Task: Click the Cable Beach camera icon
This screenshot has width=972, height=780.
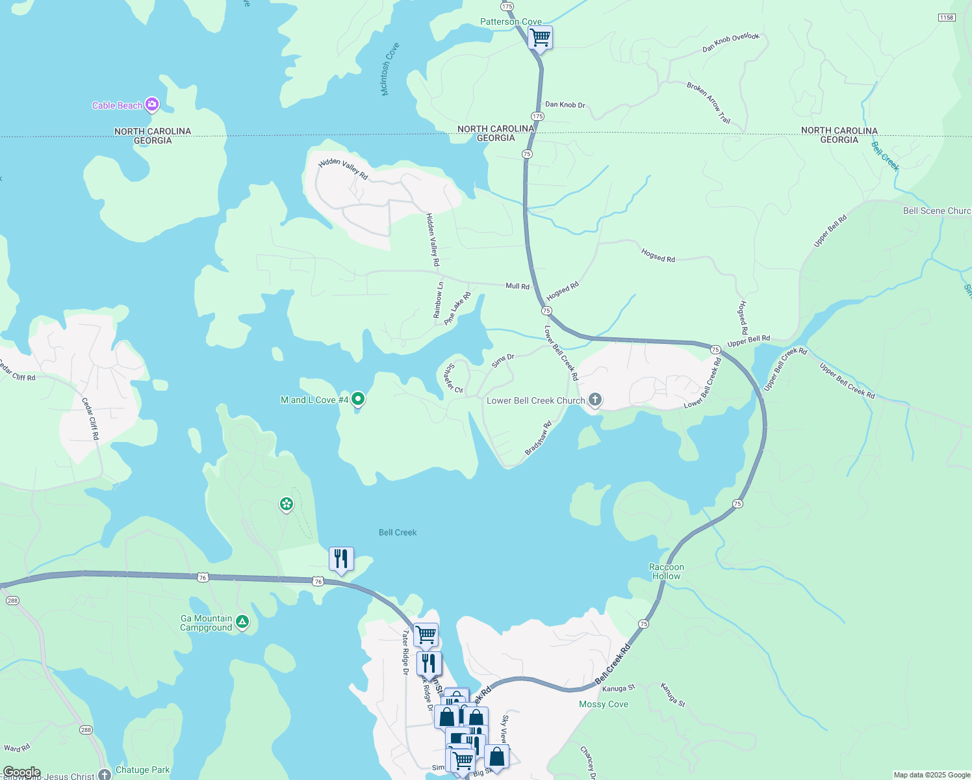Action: tap(151, 104)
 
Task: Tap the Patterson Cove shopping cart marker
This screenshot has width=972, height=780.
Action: tap(540, 38)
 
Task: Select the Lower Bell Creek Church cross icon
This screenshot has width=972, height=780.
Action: tap(595, 400)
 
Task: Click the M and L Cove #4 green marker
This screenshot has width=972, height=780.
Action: tap(357, 400)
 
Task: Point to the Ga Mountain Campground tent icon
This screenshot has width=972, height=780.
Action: tap(242, 622)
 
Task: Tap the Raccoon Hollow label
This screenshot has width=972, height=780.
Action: tap(667, 571)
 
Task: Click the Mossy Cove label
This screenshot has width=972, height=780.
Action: tap(604, 704)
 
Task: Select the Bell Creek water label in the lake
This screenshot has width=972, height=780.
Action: tap(398, 532)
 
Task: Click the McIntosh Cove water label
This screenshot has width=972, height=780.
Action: tap(390, 70)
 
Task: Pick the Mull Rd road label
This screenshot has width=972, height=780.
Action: tap(517, 286)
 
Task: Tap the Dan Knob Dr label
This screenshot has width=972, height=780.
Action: tap(565, 105)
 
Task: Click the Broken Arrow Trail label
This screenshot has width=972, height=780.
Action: tap(709, 102)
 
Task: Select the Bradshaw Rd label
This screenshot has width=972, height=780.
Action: tap(538, 438)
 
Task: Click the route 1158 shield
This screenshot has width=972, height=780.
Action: tap(947, 18)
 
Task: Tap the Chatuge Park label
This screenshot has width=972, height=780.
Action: tap(142, 770)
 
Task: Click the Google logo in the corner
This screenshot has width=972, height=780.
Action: tap(21, 773)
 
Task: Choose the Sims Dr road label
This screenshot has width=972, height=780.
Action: tap(503, 361)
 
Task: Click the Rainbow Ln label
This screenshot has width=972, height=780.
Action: tap(439, 300)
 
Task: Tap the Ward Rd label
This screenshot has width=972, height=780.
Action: tap(17, 748)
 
